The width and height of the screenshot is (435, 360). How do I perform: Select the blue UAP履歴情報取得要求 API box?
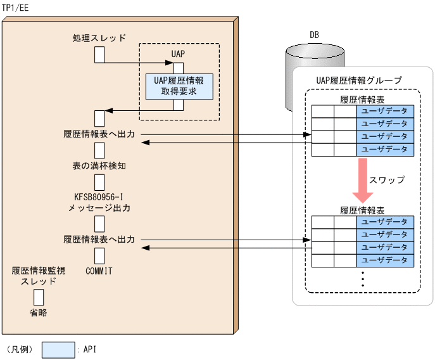(x=179, y=86)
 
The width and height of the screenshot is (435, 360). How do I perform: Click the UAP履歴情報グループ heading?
(x=358, y=80)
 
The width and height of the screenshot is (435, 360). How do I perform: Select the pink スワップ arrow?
(x=363, y=180)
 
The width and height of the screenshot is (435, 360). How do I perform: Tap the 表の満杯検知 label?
(x=99, y=166)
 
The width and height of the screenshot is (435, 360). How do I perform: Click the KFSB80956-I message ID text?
(x=99, y=196)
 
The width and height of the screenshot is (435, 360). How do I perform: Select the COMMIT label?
(x=99, y=271)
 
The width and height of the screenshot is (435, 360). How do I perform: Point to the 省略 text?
(x=39, y=312)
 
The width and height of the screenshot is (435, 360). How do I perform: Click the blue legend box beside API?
(x=58, y=349)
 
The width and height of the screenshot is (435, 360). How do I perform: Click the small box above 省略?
(x=39, y=297)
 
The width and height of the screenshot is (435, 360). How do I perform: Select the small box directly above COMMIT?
(x=99, y=255)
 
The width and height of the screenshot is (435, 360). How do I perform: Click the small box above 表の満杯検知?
(x=99, y=150)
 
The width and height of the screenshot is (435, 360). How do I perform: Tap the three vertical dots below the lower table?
(x=363, y=279)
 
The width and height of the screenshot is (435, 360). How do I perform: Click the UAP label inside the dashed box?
(x=179, y=54)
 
